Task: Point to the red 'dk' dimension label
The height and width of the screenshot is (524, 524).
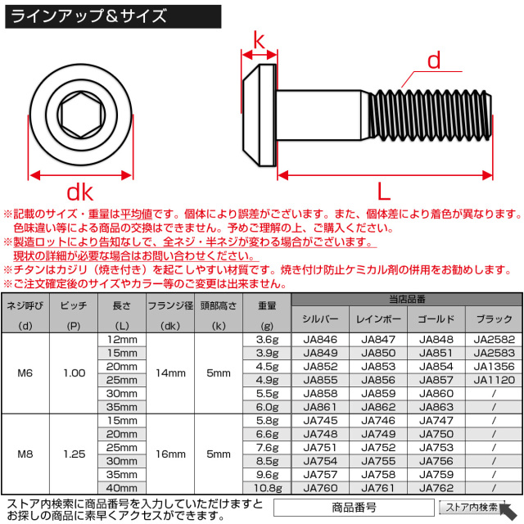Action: click(x=79, y=192)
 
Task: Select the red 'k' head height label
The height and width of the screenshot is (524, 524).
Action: click(x=260, y=39)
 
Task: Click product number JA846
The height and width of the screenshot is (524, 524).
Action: click(x=320, y=339)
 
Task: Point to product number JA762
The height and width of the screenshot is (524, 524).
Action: click(x=436, y=486)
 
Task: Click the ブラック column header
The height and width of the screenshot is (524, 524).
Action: click(x=495, y=318)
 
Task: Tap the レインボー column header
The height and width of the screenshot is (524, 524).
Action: click(x=378, y=318)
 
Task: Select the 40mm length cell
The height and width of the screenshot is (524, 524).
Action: click(x=122, y=486)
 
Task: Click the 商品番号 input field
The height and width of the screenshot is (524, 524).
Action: click(x=353, y=508)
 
